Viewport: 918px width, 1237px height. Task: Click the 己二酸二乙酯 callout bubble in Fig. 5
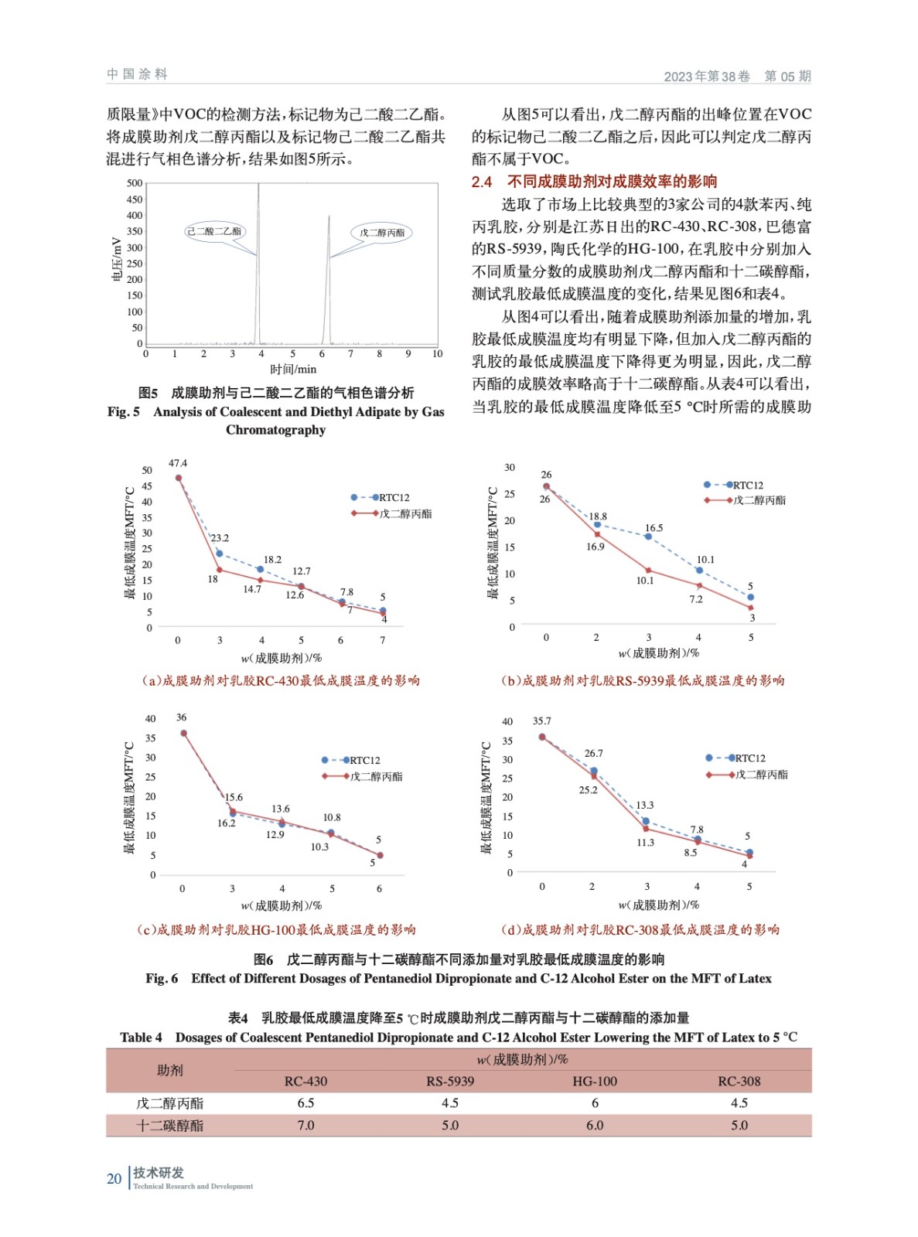click(x=214, y=231)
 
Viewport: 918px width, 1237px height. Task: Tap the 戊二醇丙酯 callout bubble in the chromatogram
click(x=382, y=233)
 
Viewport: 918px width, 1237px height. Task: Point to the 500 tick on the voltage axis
click(x=135, y=183)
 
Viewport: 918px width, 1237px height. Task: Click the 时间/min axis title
click(x=293, y=370)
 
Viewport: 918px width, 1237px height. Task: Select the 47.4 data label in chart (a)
click(x=178, y=463)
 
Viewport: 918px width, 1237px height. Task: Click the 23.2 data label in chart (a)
click(x=220, y=538)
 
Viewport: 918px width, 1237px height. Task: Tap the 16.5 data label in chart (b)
click(x=654, y=528)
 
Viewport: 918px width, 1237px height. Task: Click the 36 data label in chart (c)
click(x=182, y=717)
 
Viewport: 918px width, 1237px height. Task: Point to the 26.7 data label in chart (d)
click(x=593, y=753)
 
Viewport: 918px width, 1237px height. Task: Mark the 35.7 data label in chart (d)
click(x=541, y=721)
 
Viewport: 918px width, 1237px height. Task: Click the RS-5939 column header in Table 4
click(x=450, y=1082)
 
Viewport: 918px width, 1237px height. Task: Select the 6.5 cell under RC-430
click(x=305, y=1103)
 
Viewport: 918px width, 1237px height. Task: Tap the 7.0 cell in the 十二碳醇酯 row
click(x=305, y=1126)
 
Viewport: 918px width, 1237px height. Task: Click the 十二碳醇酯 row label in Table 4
click(x=169, y=1126)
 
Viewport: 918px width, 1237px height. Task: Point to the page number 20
click(x=114, y=1178)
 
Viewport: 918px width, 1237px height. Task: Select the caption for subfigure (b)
click(x=642, y=681)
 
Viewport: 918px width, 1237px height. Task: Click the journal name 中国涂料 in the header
click(x=137, y=74)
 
